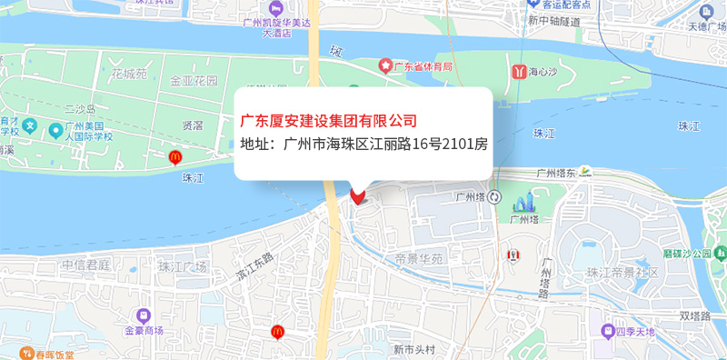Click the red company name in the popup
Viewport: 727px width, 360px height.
tap(328, 120)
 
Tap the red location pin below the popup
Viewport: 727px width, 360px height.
tap(357, 195)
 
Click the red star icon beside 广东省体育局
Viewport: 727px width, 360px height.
tap(386, 65)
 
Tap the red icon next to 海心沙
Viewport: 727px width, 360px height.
tap(518, 70)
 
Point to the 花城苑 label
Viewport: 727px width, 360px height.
tap(128, 72)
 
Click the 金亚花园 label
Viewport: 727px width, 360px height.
tap(194, 81)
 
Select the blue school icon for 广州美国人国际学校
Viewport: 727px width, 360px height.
tap(30, 125)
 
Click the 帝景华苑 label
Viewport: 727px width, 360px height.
tap(418, 259)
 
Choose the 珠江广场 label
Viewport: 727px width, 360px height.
tap(183, 267)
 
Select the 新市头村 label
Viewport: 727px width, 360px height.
tap(414, 350)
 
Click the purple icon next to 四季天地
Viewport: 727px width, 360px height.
tap(608, 331)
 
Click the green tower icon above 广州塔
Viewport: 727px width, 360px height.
tap(524, 203)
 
